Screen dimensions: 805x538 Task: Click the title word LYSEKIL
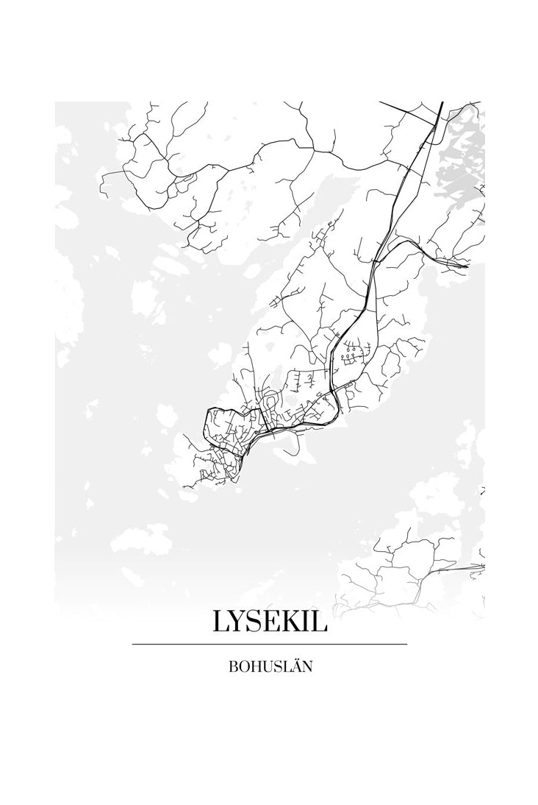point(270,622)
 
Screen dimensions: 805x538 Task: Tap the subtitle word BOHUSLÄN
point(270,667)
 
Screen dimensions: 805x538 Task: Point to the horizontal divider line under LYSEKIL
point(270,644)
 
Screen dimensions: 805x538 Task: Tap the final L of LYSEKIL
point(321,622)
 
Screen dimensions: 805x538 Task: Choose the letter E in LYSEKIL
point(276,622)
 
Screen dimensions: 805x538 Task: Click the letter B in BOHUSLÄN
point(233,668)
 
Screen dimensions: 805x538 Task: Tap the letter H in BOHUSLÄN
point(254,668)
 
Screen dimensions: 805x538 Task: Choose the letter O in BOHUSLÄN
point(243,668)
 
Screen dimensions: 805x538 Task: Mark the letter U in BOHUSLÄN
point(266,668)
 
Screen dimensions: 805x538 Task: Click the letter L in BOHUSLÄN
point(285,668)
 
